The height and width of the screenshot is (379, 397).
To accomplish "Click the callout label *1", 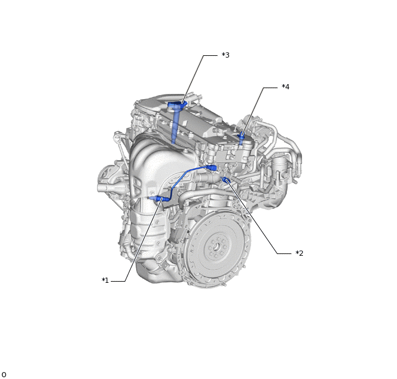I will pyautogui.click(x=105, y=281).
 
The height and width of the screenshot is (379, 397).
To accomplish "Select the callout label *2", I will pyautogui.click(x=299, y=253).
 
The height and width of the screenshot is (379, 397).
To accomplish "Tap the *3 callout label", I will pyautogui.click(x=225, y=55).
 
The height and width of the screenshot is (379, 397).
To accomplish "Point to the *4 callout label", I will pyautogui.click(x=285, y=87).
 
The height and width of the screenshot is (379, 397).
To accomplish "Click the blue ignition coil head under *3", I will pyautogui.click(x=177, y=105).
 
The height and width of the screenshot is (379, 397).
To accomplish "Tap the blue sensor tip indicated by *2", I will pyautogui.click(x=226, y=181).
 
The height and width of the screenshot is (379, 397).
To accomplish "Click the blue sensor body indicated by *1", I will pyautogui.click(x=158, y=199).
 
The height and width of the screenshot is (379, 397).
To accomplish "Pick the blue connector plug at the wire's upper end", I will pyautogui.click(x=214, y=168).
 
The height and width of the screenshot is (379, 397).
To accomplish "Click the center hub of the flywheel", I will pyautogui.click(x=216, y=248).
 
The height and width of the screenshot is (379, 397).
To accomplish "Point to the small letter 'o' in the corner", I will pyautogui.click(x=3, y=374).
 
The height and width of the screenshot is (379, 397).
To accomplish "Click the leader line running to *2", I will pyautogui.click(x=254, y=219).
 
